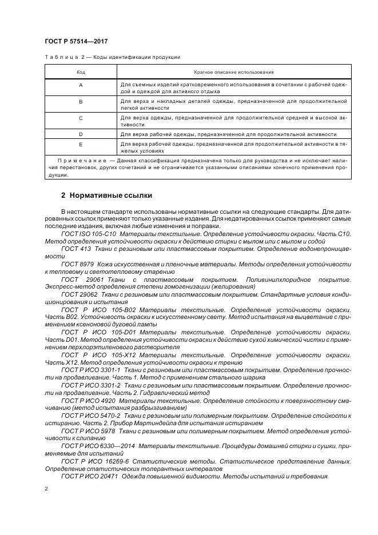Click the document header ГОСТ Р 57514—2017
[76, 41]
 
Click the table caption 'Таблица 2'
[62, 57]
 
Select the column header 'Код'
[81, 73]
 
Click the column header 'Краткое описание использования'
[234, 73]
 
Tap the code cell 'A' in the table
[81, 85]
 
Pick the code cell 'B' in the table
[81, 102]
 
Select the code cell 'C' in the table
[81, 118]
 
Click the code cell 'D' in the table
[81, 132]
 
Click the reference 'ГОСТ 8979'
[77, 264]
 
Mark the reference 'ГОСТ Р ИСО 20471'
[89, 476]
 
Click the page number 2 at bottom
[46, 489]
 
